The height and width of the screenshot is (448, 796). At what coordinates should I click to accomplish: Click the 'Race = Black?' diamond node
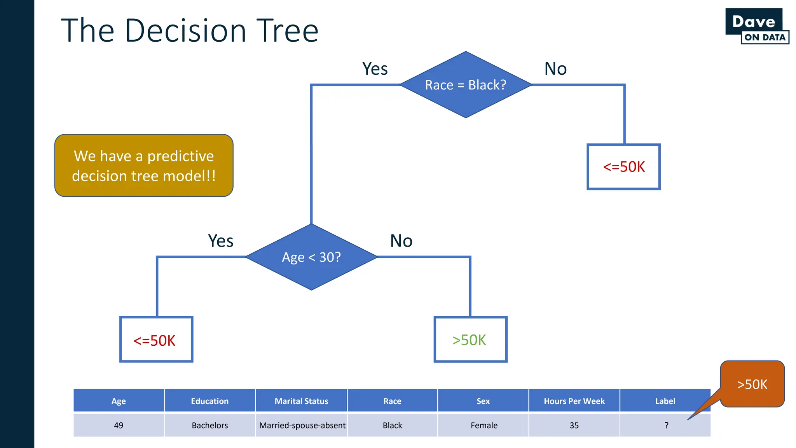466,85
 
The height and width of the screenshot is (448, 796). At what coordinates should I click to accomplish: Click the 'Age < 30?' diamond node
311,257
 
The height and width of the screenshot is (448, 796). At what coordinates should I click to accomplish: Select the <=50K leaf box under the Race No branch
623,167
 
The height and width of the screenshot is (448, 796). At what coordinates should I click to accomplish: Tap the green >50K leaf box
470,339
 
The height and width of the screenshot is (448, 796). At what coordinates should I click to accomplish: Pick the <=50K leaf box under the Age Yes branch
156,339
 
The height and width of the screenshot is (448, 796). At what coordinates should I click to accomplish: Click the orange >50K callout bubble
752,384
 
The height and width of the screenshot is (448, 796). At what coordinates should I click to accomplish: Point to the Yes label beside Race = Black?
375,69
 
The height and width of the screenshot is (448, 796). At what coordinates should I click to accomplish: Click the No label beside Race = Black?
555,69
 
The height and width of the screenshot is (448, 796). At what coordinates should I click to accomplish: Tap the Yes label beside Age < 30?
220,241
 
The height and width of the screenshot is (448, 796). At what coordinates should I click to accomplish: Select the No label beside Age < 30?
401,241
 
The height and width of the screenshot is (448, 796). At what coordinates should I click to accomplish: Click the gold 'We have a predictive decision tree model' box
144,166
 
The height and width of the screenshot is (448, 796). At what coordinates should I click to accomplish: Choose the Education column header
209,401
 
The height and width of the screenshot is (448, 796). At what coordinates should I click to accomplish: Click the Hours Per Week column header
574,401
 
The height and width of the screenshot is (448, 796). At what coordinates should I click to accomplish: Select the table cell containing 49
119,425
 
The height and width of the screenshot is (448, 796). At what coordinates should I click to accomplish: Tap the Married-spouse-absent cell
302,425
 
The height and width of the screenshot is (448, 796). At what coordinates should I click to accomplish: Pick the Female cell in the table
484,425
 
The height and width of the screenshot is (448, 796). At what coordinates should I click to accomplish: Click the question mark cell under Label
666,425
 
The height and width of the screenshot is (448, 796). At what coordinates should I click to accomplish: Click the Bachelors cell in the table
209,425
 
